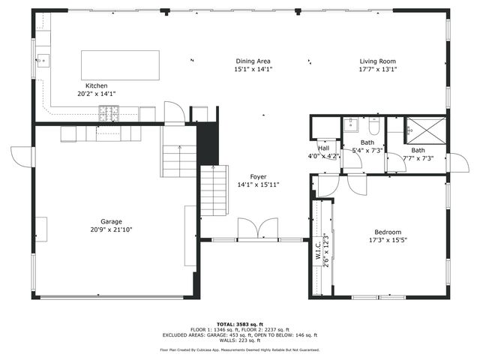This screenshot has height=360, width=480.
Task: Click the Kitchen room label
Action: [95, 85]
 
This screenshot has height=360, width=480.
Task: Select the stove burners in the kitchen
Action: [109, 113]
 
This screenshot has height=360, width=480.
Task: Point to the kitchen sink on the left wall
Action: [42, 60]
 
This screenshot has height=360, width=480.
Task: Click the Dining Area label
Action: [253, 61]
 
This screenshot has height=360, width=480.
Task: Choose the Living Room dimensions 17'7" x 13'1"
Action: [377, 69]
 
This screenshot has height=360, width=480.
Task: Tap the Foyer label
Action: [248, 175]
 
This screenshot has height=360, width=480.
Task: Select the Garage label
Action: [112, 222]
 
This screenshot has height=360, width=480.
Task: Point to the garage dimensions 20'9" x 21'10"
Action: [112, 230]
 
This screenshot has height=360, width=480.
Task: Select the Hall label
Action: [322, 148]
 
